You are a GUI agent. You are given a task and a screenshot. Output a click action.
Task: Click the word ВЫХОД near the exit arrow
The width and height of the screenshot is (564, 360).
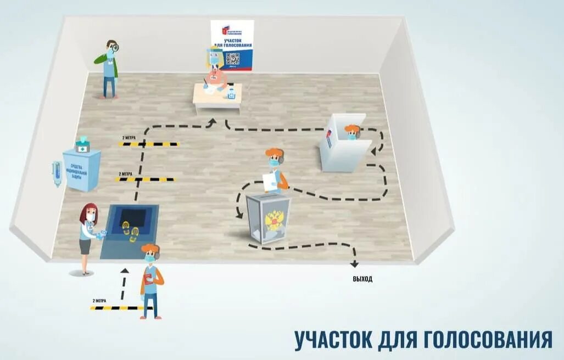coord(362,279)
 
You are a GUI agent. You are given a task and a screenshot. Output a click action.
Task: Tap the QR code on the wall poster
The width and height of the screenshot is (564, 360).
coord(232,59)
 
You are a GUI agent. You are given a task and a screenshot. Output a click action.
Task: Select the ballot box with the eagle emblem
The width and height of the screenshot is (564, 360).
coord(268,218)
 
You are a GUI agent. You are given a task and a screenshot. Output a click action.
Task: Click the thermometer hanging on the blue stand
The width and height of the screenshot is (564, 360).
coord(57,173)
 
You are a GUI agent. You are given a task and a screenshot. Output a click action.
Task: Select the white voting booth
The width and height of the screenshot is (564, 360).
coord(345,144)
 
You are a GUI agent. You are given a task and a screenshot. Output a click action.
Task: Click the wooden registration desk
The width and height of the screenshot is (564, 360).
coord(217,99)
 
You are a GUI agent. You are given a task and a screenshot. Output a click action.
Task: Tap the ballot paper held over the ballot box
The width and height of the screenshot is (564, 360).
coord(269,181)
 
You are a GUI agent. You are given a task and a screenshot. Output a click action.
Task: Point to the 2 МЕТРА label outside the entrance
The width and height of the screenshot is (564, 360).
coord(99,301)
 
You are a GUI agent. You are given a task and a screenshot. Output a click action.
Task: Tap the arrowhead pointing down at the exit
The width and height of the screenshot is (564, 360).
coord(355,264)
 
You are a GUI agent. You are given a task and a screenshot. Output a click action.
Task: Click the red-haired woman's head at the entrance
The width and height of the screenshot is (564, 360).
coord(88,213)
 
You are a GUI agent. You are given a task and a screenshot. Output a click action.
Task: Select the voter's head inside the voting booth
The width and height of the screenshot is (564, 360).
coord(352,132)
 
